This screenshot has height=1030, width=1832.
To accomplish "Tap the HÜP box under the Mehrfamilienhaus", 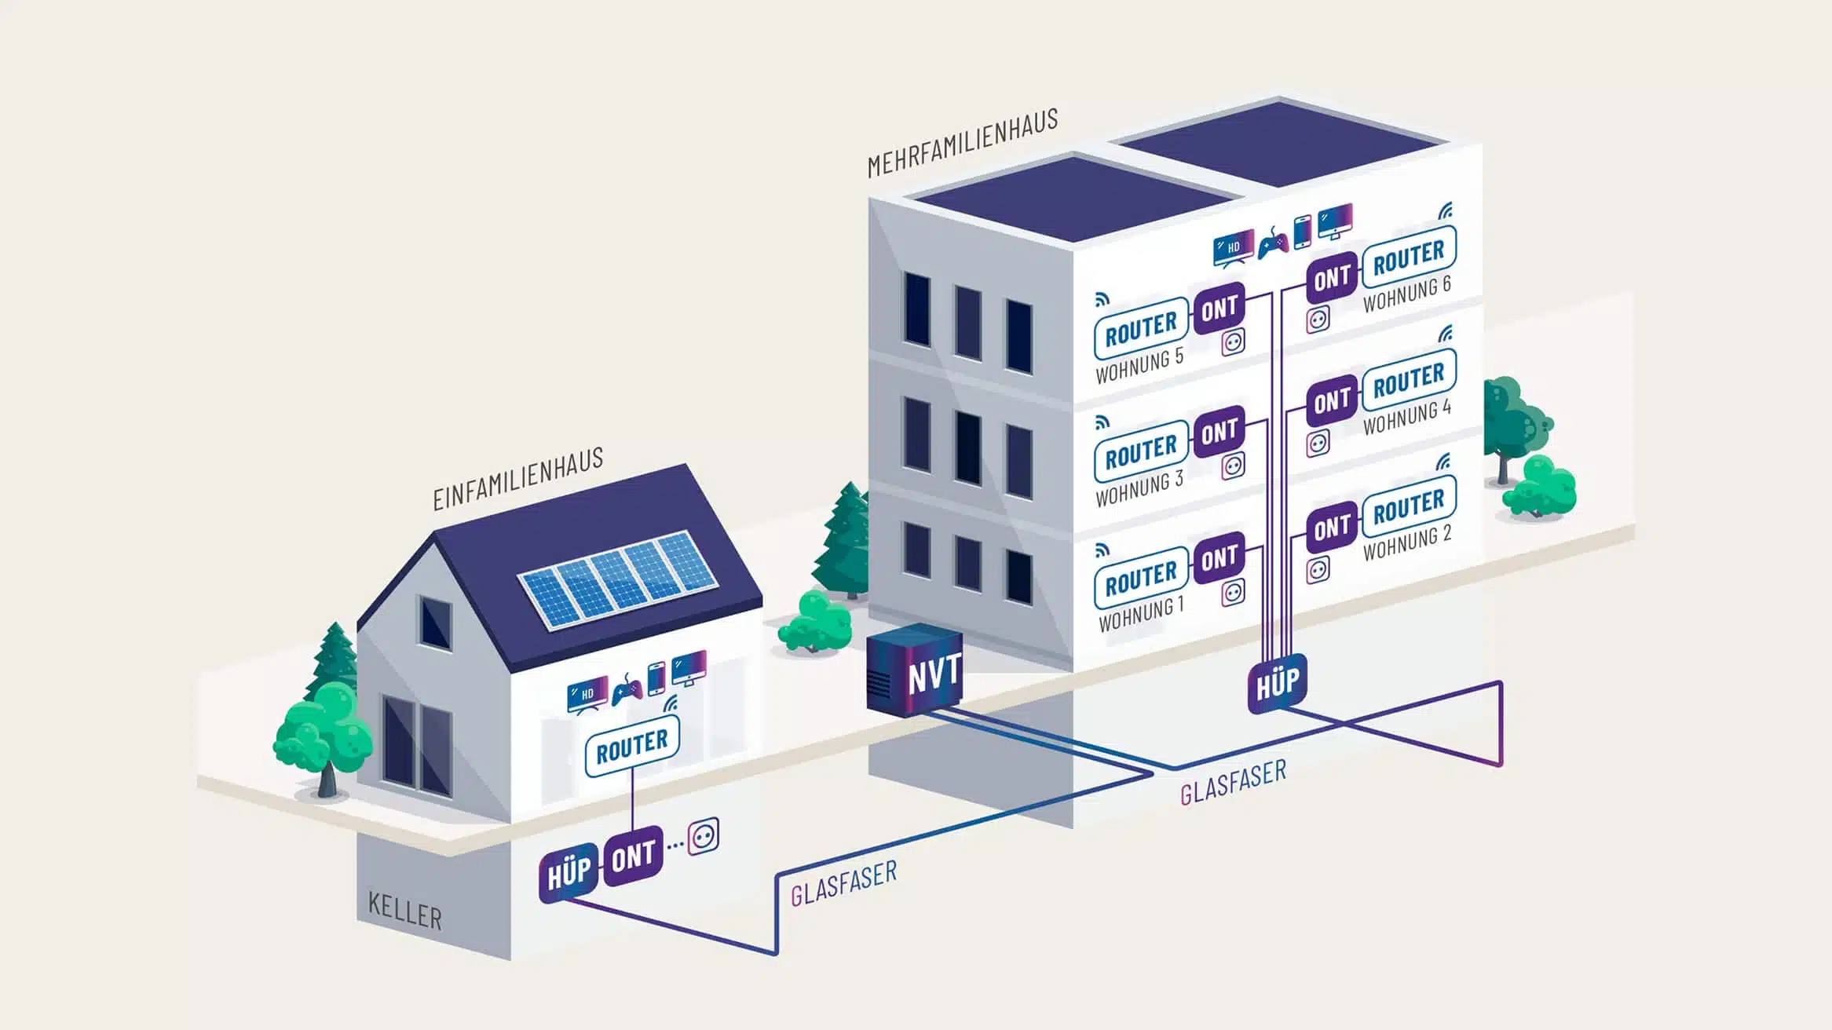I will pos(1277,683).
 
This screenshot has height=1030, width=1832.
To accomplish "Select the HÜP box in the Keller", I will pos(569,873).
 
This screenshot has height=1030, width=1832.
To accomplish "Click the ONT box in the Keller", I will pos(633,856).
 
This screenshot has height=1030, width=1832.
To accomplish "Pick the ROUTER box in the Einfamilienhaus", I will pos(632,746).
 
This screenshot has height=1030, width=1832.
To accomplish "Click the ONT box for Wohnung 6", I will pos(1332,278).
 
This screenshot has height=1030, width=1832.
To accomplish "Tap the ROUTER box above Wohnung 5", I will pos(1141,328).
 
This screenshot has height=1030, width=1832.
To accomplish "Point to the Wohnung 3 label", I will pos(1139,488).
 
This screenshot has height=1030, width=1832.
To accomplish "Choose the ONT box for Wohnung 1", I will pos(1219,559).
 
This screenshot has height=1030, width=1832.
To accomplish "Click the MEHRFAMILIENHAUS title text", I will pos(963,143).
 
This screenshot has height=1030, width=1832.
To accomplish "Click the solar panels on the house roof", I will pos(617,579).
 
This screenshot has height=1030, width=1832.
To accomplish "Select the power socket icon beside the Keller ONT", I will pos(703,837).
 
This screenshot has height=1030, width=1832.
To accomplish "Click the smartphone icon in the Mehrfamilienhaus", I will pos(1302,232).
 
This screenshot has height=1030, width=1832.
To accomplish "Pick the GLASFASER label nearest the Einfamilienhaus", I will pos(843,883).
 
